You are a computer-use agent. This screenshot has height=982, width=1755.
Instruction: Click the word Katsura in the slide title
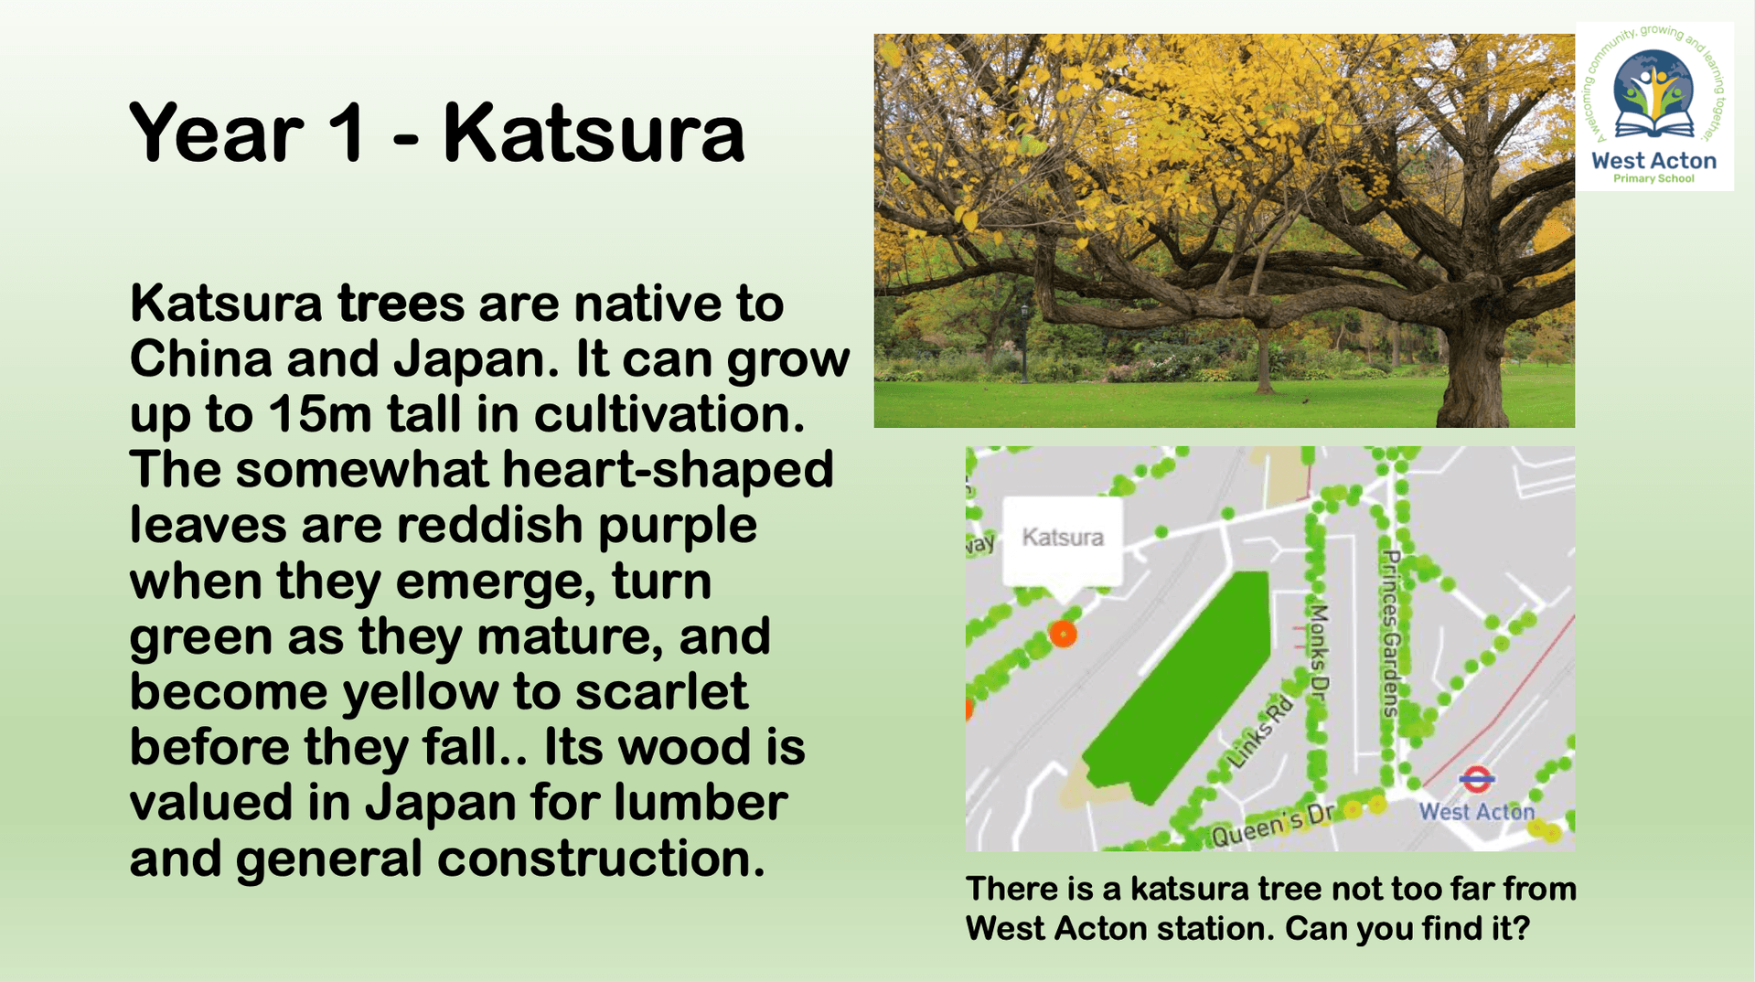(x=594, y=133)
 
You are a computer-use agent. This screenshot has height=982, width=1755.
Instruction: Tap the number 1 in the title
(x=345, y=133)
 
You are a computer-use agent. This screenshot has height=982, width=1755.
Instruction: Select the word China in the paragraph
(x=200, y=358)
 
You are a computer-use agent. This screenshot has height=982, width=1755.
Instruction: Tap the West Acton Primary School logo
(x=1654, y=106)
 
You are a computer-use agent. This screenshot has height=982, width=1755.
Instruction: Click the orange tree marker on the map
(x=1063, y=634)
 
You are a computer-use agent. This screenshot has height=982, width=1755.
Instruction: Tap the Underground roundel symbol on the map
(x=1476, y=781)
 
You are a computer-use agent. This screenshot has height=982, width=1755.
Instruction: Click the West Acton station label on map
(x=1476, y=811)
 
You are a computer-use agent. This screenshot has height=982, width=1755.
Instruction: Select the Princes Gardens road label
(x=1391, y=633)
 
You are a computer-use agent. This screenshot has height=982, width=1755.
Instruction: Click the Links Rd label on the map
(x=1261, y=731)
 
